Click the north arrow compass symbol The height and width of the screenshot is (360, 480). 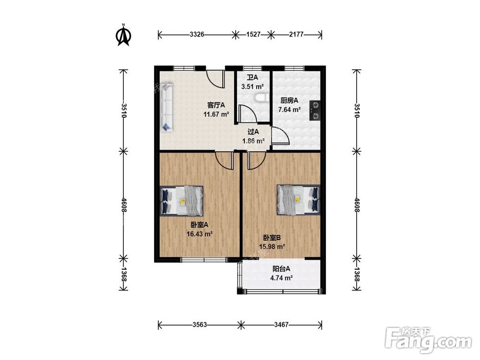[x=123, y=35]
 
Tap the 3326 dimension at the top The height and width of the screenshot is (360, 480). [x=196, y=34]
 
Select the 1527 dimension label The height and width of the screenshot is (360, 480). [x=253, y=34]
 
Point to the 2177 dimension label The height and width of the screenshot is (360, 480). [x=296, y=34]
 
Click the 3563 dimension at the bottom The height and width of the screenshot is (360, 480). [x=200, y=324]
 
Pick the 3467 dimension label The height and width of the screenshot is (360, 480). [x=281, y=324]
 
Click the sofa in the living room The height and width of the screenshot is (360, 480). [x=167, y=107]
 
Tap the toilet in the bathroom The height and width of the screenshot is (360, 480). [x=262, y=97]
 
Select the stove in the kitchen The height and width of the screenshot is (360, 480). [x=315, y=110]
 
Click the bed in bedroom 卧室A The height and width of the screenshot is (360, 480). [x=182, y=201]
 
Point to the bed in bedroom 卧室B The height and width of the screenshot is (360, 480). [x=298, y=200]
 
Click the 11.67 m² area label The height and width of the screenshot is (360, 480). [x=216, y=115]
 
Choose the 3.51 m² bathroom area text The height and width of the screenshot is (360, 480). [x=252, y=86]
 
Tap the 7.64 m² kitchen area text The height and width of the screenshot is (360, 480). [x=289, y=109]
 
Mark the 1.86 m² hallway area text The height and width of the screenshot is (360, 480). [x=253, y=141]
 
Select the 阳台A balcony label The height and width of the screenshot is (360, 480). [x=281, y=269]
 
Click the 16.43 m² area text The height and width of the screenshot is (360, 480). [x=200, y=234]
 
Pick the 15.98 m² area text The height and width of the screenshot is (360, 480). [x=272, y=246]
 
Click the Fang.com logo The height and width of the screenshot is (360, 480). [x=428, y=340]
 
